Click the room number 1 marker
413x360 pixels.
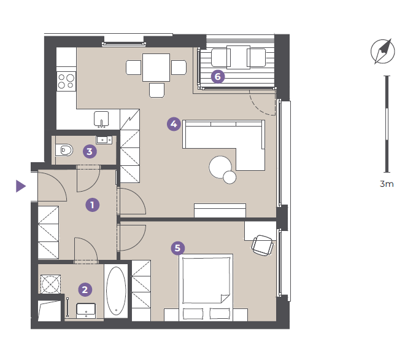click(93, 205)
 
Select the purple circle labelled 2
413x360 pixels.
click(85, 289)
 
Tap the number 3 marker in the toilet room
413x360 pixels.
click(90, 151)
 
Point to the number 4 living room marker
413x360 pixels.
click(174, 124)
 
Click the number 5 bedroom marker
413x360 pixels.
click(178, 248)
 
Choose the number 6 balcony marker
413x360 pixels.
click(218, 77)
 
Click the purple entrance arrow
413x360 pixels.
click(21, 186)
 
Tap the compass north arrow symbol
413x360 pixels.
click(383, 52)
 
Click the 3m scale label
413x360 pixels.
click(387, 184)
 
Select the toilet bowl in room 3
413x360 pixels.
click(64, 151)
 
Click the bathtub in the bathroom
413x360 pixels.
click(116, 291)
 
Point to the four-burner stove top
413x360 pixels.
click(66, 82)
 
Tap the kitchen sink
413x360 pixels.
click(101, 119)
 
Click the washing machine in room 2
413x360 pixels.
click(50, 284)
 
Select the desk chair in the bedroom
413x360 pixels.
click(262, 246)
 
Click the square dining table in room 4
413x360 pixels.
click(156, 68)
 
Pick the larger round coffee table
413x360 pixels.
click(220, 167)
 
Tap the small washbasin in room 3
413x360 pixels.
click(104, 140)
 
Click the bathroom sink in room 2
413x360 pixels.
click(86, 311)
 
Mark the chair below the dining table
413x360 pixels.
click(156, 90)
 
